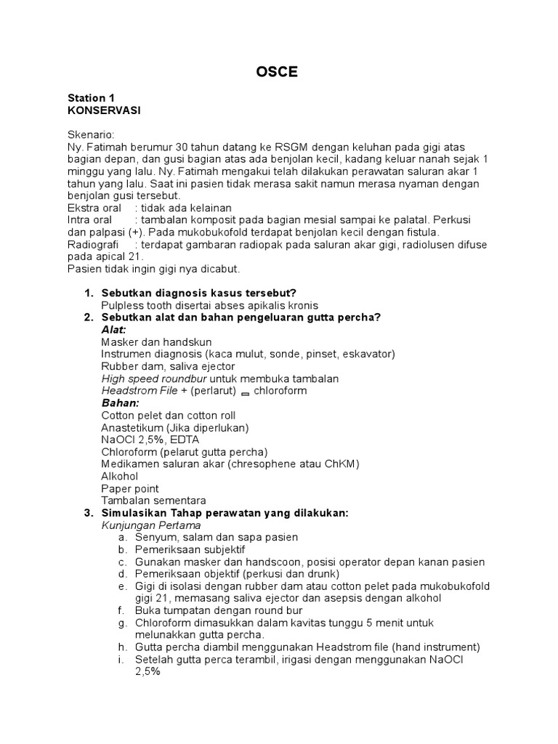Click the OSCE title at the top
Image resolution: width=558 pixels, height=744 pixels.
coord(276,72)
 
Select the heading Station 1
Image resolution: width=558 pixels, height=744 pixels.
coord(91,97)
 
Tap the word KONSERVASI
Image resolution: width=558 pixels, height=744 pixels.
coord(103,110)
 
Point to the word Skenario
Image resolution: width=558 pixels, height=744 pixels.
coord(91,134)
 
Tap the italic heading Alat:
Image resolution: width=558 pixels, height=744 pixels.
coord(113,330)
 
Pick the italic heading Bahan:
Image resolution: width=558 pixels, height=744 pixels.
coord(119,403)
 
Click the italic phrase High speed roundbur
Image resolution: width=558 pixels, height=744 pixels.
coord(154,379)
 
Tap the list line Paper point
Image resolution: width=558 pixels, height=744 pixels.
coord(130,488)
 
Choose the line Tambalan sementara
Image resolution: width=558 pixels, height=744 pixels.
coord(153,501)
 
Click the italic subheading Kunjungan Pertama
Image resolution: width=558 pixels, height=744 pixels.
coord(151,525)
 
